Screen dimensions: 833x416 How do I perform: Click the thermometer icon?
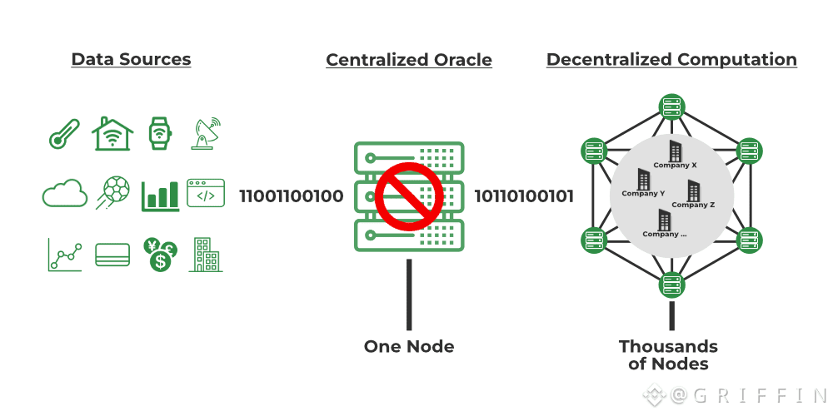coord(64,134)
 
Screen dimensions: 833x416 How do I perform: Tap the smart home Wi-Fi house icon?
coord(112,133)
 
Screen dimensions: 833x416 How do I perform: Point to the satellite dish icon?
coord(206,134)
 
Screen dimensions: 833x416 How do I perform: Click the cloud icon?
coord(65,193)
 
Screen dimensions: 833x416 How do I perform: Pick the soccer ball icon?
coord(112,193)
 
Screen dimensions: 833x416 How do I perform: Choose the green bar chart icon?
coord(160,196)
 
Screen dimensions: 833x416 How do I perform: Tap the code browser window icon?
coord(206,193)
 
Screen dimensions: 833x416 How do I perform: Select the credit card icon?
coord(112,255)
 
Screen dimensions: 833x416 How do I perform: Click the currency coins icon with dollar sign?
coord(160,255)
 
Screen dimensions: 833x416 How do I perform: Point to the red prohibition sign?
coord(409,196)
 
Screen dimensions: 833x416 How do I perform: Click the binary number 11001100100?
coord(292,196)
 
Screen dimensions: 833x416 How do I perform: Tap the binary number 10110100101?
coord(524,196)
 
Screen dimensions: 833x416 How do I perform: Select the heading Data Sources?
coord(132,59)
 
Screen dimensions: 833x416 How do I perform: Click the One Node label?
coord(409,346)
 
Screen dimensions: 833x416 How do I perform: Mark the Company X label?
coord(675,165)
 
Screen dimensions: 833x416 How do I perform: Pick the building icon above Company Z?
coord(694,190)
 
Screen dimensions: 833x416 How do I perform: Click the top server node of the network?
coord(671,106)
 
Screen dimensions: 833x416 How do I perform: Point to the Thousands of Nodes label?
coord(668,355)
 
